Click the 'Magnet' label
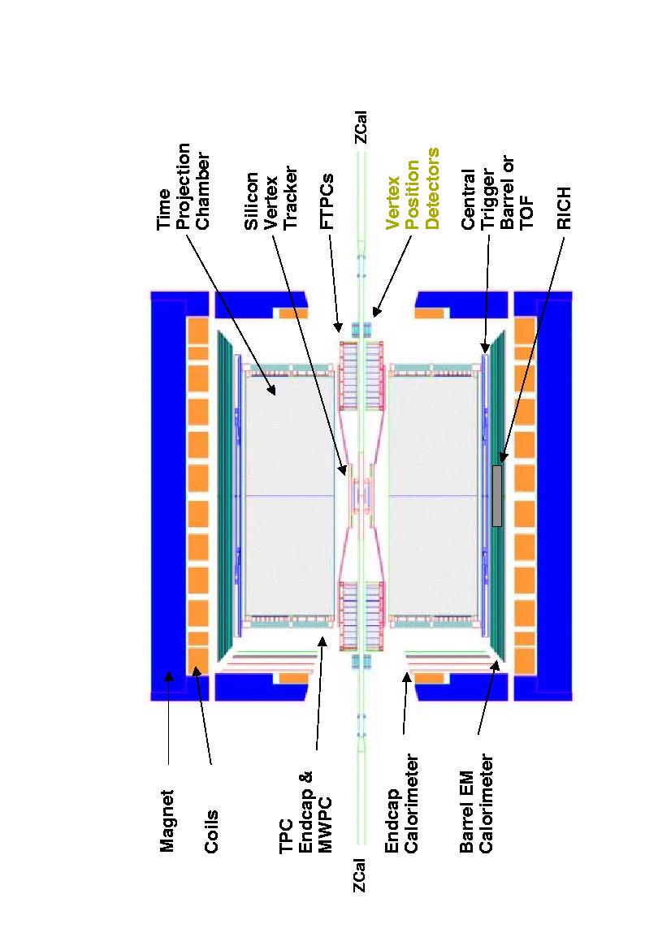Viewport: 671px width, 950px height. click(167, 821)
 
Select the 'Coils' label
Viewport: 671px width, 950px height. click(211, 831)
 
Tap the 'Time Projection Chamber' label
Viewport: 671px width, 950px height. click(183, 186)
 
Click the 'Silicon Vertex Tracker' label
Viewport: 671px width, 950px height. click(271, 198)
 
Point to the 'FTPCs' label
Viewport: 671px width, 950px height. click(327, 201)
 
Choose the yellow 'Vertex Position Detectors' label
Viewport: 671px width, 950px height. click(412, 189)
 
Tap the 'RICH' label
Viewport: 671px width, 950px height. click(565, 209)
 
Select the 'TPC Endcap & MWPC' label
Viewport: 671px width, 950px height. click(305, 812)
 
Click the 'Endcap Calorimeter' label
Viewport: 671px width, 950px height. click(401, 803)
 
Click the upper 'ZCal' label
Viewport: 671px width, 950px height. click(360, 127)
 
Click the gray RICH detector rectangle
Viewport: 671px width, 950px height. click(497, 495)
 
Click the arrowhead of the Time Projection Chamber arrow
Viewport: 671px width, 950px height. click(275, 391)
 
